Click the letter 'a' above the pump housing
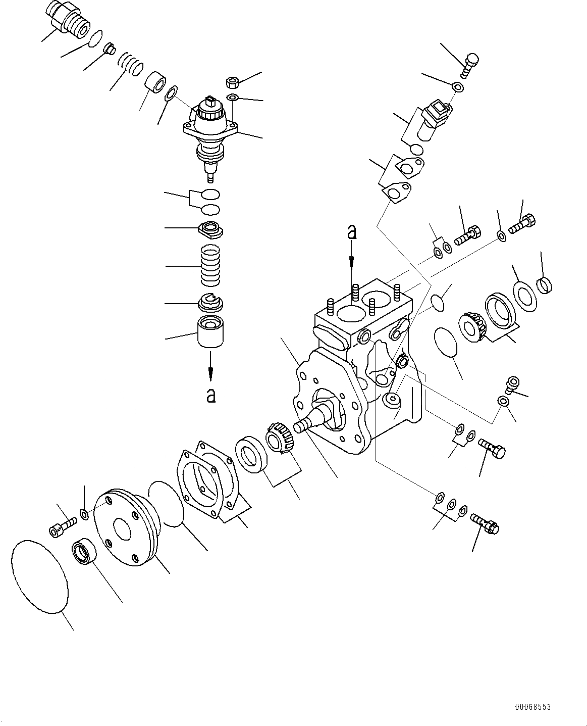coord(352,232)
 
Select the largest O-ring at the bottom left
coord(39,576)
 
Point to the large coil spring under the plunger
coord(211,265)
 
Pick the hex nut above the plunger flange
coord(233,82)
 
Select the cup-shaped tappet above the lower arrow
coord(211,331)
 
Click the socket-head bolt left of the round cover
coord(63,525)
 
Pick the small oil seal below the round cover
coord(83,551)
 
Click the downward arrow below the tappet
coord(211,366)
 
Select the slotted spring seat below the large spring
coord(210,302)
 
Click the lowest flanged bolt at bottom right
coord(485,523)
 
